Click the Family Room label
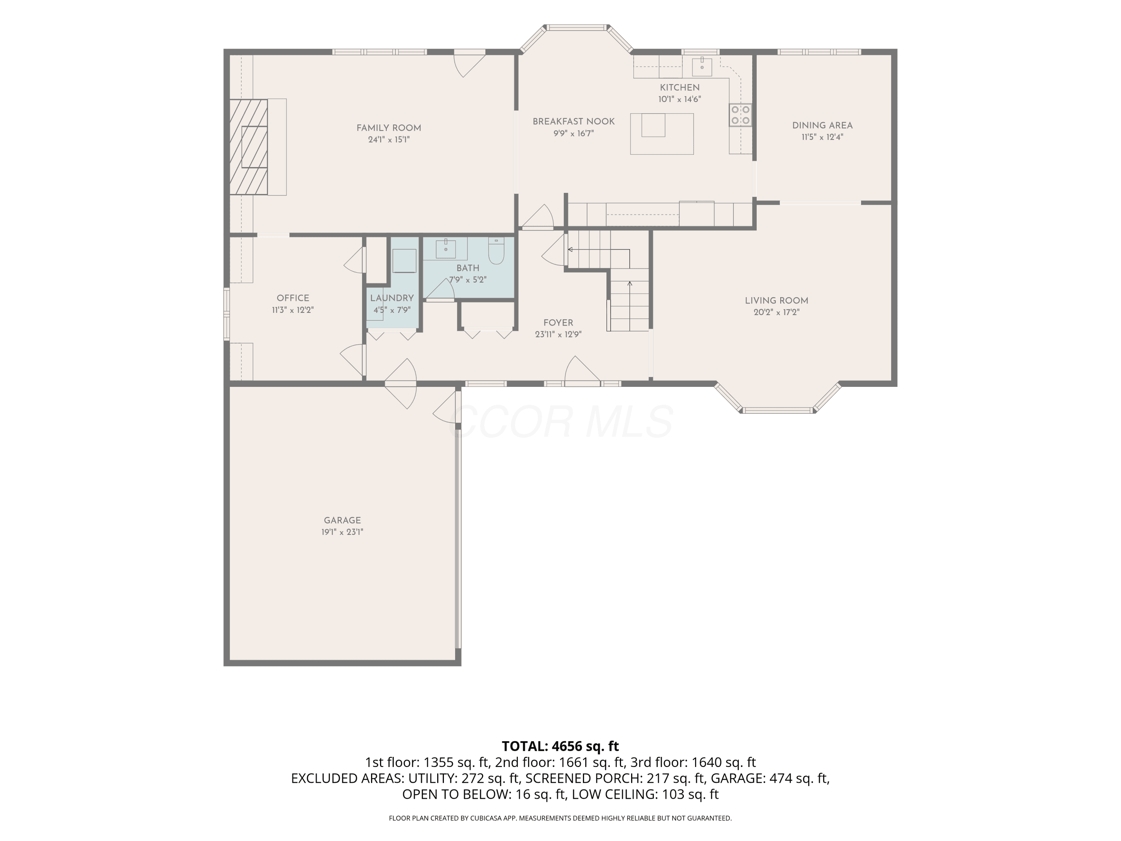389,128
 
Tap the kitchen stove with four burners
740,115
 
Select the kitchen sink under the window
702,64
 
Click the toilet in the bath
496,251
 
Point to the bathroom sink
445,249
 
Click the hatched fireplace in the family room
248,147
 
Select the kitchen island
662,134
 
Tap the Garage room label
343,520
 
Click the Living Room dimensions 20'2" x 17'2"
776,312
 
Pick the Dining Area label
822,126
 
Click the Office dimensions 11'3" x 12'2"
293,310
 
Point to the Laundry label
392,298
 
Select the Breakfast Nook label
574,121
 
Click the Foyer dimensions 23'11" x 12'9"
558,335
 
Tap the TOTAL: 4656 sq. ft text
560,746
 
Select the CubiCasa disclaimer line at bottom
560,818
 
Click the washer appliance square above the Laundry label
404,261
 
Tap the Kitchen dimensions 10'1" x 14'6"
680,99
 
